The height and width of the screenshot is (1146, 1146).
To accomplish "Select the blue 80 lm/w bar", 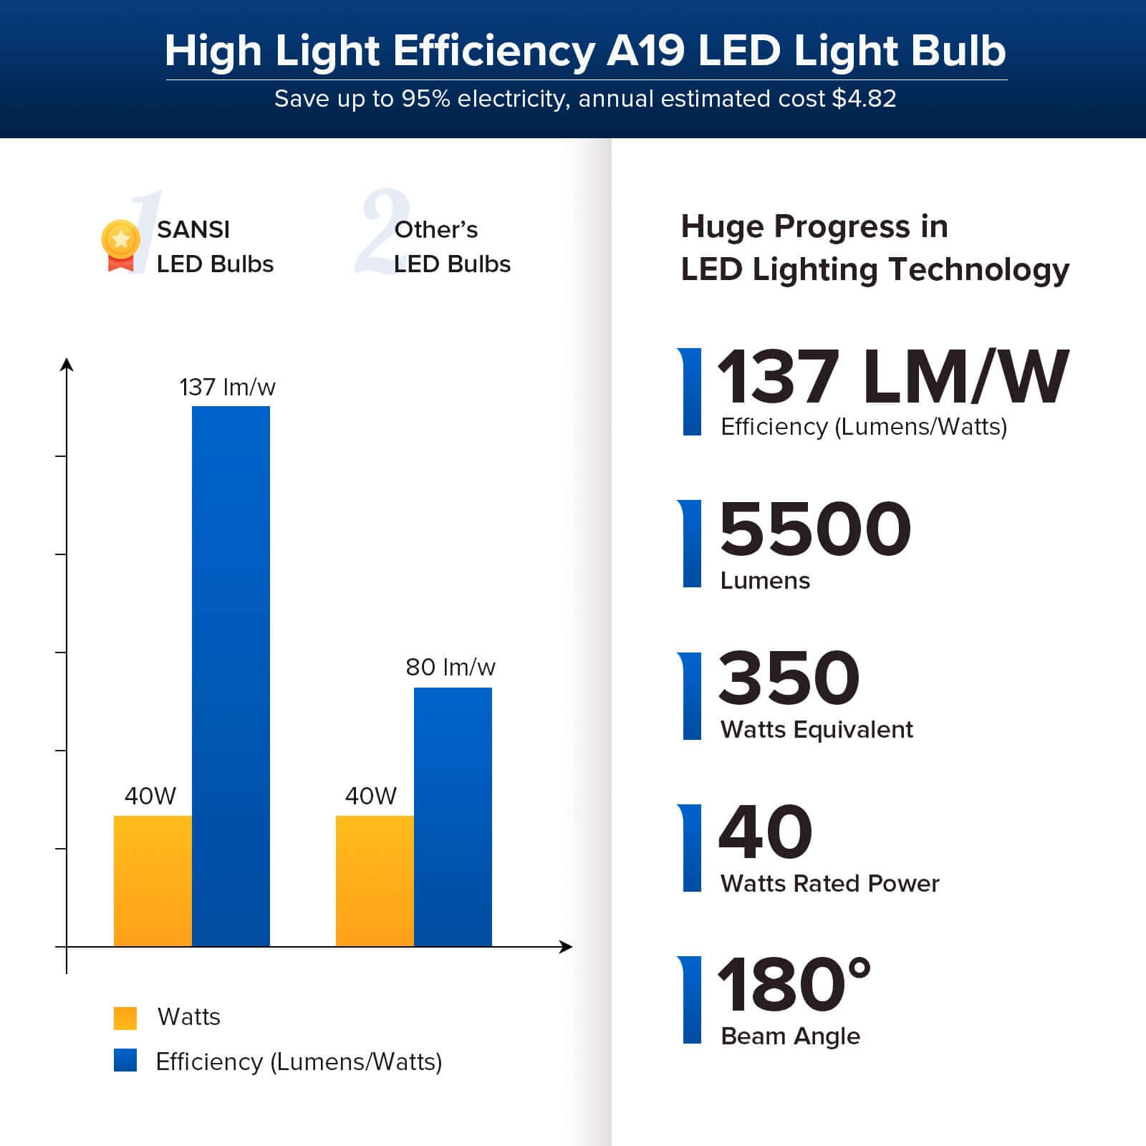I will pos(453,817).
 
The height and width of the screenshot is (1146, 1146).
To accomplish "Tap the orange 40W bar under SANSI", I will pos(153,880).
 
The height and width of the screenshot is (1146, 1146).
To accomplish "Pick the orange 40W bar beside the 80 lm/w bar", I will pos(375,880).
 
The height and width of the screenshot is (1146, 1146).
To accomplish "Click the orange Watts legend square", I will pos(125,1018).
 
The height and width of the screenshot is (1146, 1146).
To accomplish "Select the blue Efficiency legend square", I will pos(125,1061).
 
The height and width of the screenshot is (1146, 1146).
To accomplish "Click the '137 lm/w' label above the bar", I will pos(227,387).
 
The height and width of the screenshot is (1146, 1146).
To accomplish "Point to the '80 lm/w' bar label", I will pos(450,668).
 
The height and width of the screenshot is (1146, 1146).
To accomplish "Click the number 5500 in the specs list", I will pos(814,530).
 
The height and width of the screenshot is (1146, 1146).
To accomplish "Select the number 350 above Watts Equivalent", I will pos(789,678).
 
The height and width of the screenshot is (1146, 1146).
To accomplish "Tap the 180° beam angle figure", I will pos(794,986).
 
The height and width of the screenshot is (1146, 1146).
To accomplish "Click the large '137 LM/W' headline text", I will pos(892,377).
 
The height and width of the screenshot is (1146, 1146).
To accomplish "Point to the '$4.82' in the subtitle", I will pos(864,99).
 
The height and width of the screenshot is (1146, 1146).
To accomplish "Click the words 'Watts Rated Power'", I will pos(829,884).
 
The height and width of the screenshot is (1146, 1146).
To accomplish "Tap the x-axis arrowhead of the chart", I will pos(567,947).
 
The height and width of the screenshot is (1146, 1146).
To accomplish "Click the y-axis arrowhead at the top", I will pos(67,365).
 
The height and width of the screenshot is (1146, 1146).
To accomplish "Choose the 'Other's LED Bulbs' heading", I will pos(452,246).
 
